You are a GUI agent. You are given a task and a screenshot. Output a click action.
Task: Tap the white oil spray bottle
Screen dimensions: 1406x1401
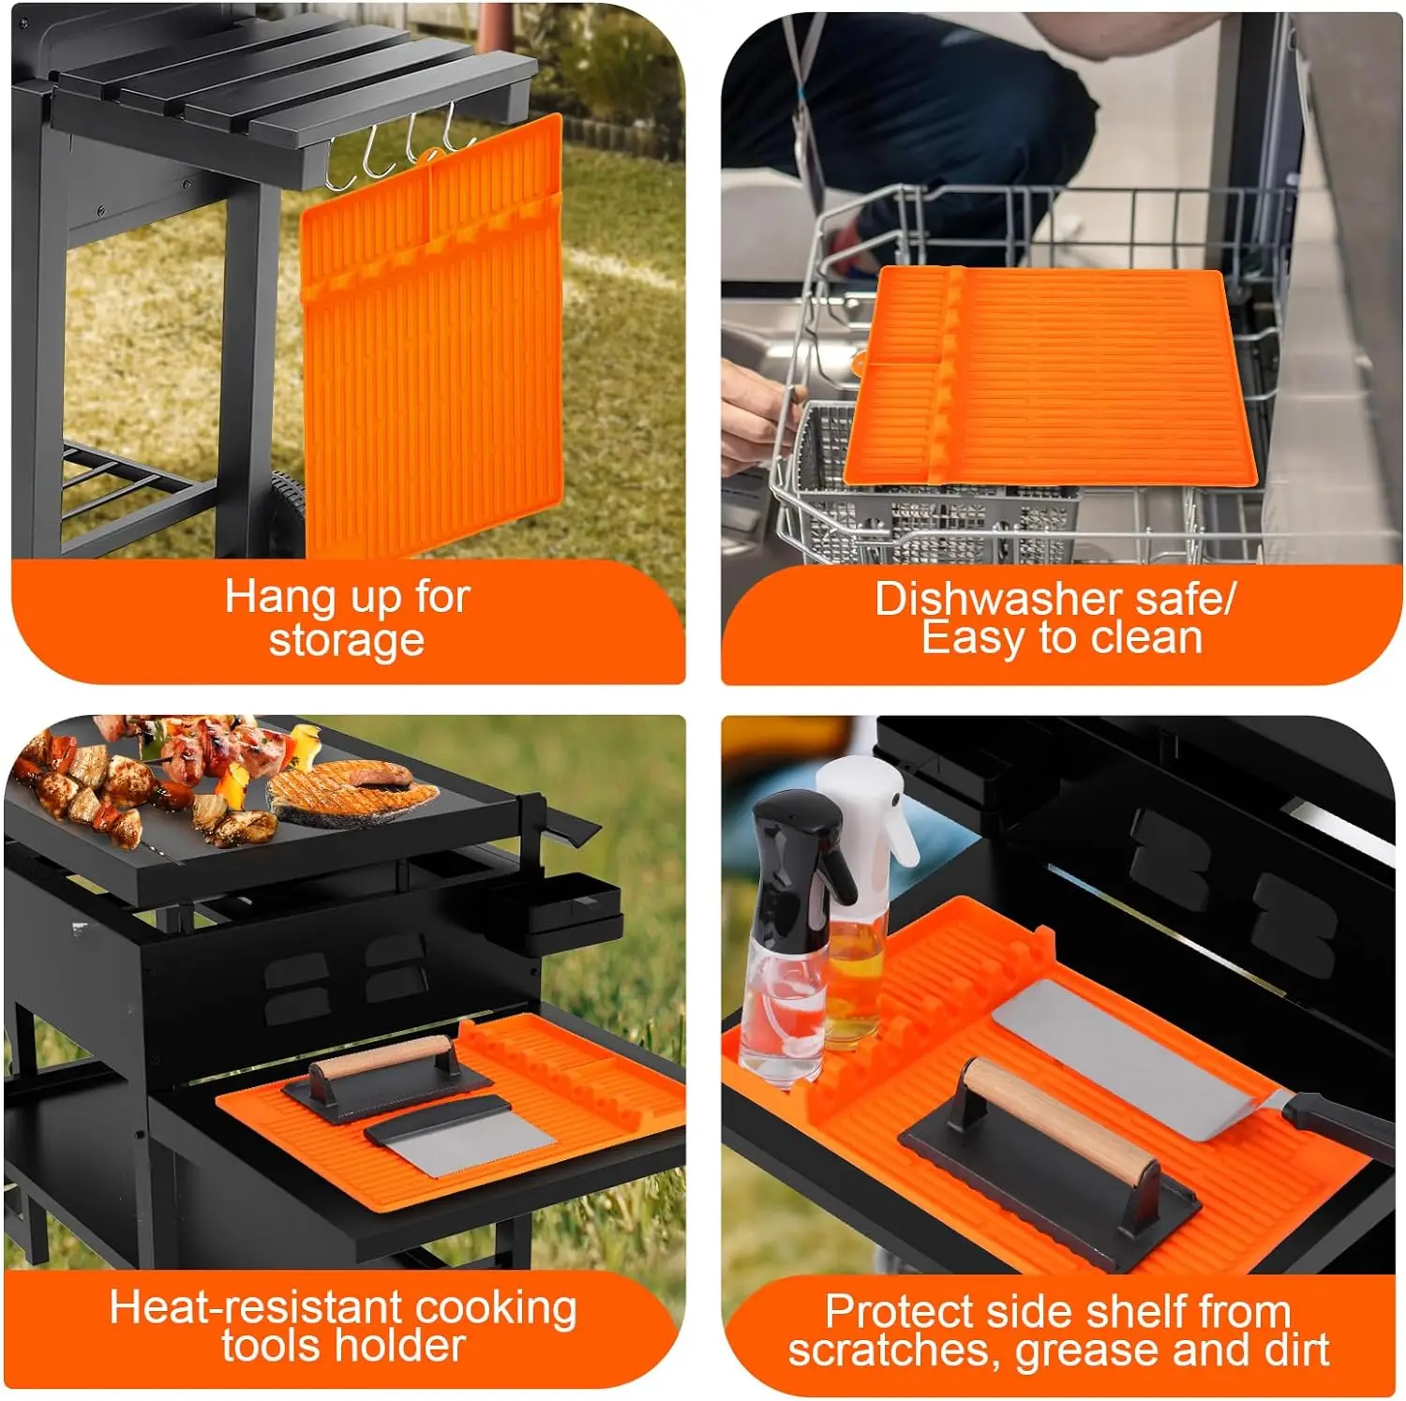(860, 890)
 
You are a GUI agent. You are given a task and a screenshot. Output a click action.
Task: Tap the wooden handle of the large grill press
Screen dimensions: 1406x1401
(1060, 1120)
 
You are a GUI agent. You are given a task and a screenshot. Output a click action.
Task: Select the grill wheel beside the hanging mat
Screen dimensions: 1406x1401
(289, 515)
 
